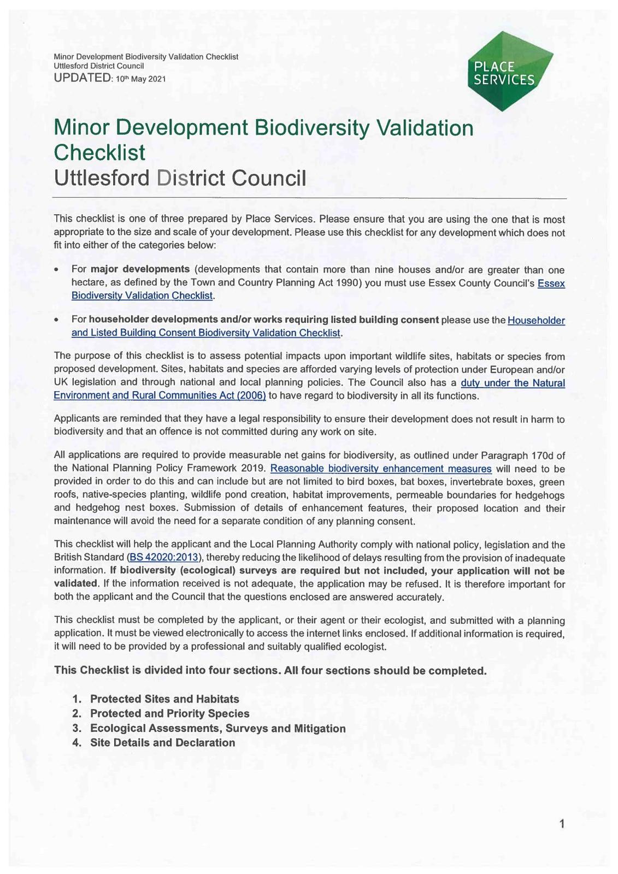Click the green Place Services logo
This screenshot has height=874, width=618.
point(510,71)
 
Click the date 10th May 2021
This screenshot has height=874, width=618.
point(140,79)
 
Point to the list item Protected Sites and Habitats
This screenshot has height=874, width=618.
point(164,699)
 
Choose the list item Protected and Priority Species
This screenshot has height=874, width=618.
point(169,713)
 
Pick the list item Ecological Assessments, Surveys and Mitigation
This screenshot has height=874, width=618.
point(217,728)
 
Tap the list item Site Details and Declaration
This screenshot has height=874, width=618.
point(162,742)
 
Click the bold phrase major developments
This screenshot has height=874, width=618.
point(140,269)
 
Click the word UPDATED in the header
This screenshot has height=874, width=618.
point(82,78)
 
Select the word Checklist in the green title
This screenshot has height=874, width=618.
point(99,152)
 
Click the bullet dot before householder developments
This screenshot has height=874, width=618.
point(57,321)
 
